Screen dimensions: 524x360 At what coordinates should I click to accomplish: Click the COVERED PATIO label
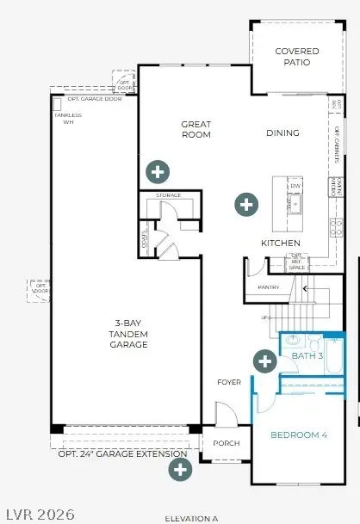[x=297, y=57]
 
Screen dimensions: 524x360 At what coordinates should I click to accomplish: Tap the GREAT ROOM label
[x=196, y=130]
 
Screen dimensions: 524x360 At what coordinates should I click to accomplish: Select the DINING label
[x=282, y=133]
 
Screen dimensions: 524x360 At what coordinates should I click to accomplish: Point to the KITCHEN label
[x=281, y=244]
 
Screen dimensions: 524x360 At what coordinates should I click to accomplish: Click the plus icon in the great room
[x=157, y=171]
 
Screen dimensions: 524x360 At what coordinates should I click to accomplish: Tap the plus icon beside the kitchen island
[x=246, y=205]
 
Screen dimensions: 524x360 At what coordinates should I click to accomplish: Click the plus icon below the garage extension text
[x=180, y=469]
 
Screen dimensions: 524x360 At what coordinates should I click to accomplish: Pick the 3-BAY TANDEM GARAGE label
[x=128, y=335]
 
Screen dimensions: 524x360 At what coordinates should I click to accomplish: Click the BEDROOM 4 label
[x=299, y=435]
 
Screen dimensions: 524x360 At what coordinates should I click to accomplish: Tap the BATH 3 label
[x=307, y=355]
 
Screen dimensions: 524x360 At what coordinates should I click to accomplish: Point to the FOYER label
[x=229, y=382]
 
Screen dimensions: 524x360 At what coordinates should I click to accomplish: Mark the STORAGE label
[x=169, y=195]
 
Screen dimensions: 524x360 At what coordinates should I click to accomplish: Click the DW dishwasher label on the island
[x=295, y=186]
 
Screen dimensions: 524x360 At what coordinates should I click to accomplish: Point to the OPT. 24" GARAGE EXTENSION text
[x=122, y=453]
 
